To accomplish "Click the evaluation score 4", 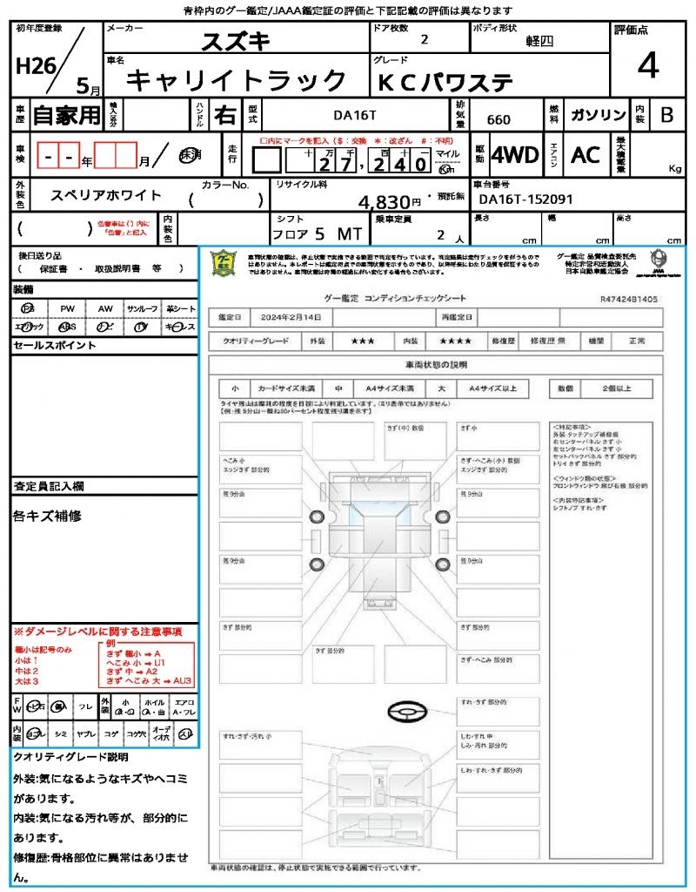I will pos(646,66).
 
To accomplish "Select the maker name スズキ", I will pos(236,42).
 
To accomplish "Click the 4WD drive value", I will pos(514,155).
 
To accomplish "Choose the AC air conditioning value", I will pos(586,155).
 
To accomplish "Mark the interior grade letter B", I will pos(666,114).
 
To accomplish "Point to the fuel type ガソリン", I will pos(598,115).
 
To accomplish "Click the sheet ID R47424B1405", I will pos(629,299).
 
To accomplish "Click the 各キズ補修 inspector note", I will pos(48,516).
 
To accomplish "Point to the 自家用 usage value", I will pos(67,114).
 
